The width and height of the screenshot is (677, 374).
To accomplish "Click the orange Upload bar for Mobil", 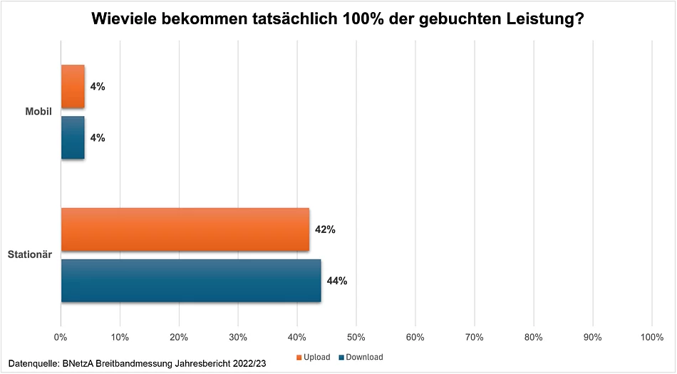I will pyautogui.click(x=73, y=86).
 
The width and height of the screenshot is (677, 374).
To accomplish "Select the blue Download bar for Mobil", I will pyautogui.click(x=73, y=137).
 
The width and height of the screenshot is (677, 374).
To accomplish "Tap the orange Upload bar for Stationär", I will pyautogui.click(x=185, y=229).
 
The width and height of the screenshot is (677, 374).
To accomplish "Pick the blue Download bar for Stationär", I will pyautogui.click(x=191, y=281).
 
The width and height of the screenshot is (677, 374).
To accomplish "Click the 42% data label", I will pyautogui.click(x=325, y=229).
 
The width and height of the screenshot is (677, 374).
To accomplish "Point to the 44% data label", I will pyautogui.click(x=336, y=281).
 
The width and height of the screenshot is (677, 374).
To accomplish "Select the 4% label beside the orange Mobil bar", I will pyautogui.click(x=97, y=86).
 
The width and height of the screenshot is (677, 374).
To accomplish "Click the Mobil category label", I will pyautogui.click(x=38, y=112).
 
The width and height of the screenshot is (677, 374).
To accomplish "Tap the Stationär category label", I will pyautogui.click(x=30, y=254).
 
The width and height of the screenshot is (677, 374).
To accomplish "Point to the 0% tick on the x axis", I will pyautogui.click(x=61, y=336).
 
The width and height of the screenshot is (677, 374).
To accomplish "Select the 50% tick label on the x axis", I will pyautogui.click(x=356, y=336).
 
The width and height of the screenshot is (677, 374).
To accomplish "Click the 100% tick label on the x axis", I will pyautogui.click(x=652, y=336).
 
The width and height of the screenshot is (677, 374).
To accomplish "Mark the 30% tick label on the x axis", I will pyautogui.click(x=238, y=336).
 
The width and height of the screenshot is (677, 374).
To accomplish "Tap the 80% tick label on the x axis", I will pyautogui.click(x=534, y=336).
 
